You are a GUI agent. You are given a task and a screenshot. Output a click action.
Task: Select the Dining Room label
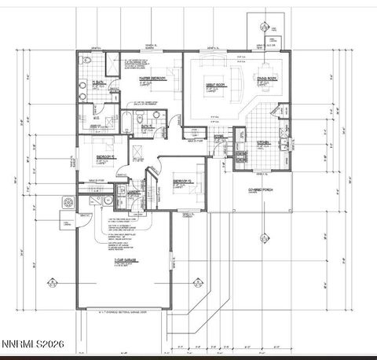pos(268,79)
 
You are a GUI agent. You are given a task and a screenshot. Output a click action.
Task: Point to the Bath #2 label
pos(145,112)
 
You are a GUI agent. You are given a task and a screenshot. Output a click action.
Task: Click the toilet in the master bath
pos(87,61)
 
